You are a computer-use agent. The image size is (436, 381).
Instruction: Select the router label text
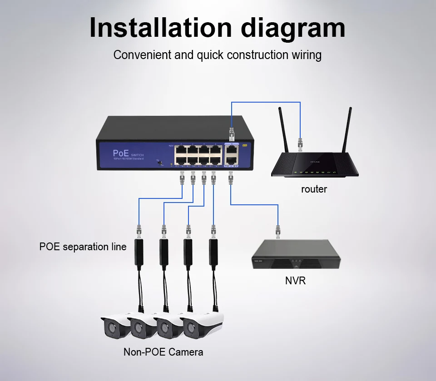point(314,189)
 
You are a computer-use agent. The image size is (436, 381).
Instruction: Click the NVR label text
point(295,281)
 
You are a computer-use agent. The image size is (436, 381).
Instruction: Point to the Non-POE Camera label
point(163,352)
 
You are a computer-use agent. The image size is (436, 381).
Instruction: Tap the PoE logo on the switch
point(121,153)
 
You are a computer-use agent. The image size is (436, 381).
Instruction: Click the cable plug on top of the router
point(300,144)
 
